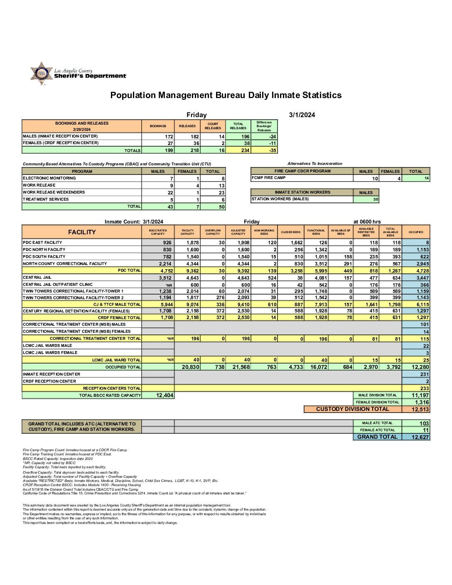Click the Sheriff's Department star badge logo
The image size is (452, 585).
point(41,74)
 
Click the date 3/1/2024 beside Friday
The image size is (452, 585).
point(302,115)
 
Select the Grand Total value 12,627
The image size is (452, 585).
point(420,437)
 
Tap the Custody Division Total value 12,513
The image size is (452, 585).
point(420,409)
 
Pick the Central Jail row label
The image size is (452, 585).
point(37,277)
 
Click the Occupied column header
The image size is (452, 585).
point(416,232)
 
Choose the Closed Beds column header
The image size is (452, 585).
point(291,232)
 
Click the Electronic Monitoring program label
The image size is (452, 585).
point(49,178)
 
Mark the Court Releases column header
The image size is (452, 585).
point(213,126)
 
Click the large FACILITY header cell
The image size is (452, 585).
point(82,232)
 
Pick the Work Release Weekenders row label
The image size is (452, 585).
point(54,192)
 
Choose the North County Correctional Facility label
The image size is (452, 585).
point(65,263)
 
